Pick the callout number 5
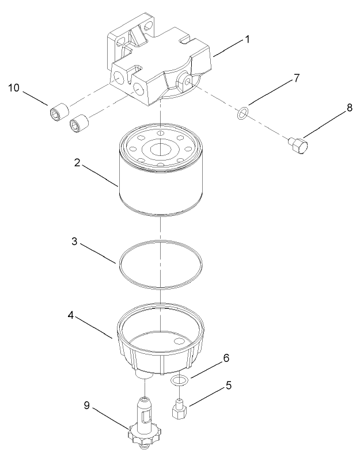229,387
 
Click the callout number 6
226,358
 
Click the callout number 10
13,88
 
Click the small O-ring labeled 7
243,113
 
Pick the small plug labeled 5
179,409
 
